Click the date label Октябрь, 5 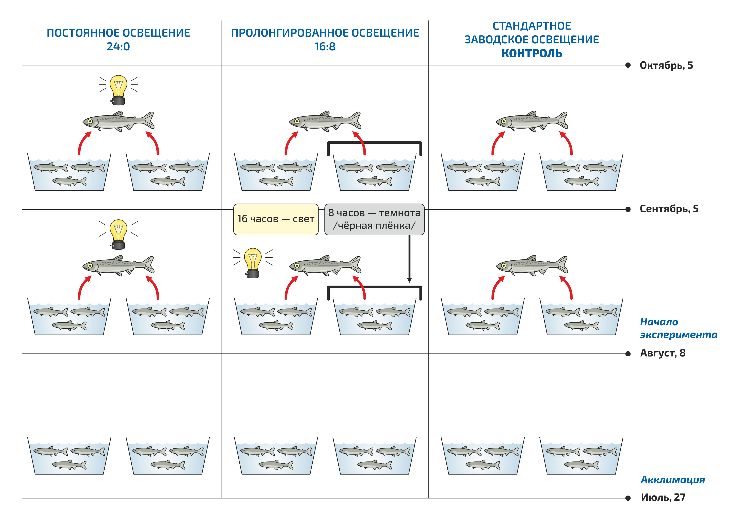tap(666, 65)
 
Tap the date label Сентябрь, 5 tap(669, 209)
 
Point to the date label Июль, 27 tap(663, 497)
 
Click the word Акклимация tap(672, 480)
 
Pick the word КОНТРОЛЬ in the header tap(532, 53)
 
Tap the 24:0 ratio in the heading tap(118, 47)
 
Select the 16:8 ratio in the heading tap(325, 47)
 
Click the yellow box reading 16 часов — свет tap(276, 219)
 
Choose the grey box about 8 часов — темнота tap(374, 219)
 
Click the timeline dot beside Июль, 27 tap(628, 498)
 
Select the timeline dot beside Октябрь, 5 tap(628, 65)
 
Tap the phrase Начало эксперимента tap(678, 328)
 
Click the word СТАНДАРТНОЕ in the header tap(532, 26)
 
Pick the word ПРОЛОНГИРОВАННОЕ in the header tap(289, 33)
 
